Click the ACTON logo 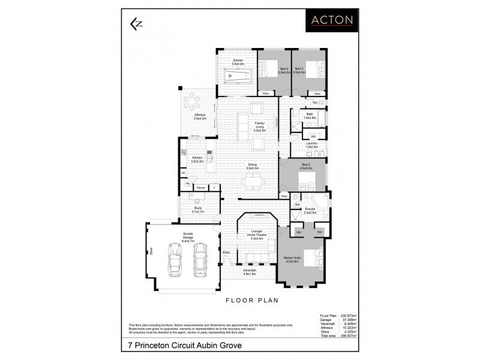click(x=331, y=20)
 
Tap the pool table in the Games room click(x=238, y=77)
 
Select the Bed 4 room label click(x=284, y=70)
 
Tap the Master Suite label click(x=293, y=259)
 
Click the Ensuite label click(x=310, y=211)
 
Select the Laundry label click(x=311, y=145)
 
